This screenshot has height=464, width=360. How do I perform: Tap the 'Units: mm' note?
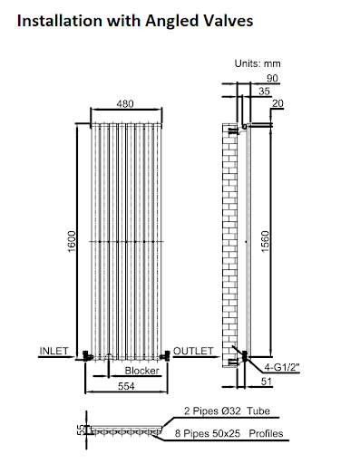point(258,64)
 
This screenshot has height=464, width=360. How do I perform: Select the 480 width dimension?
point(126,104)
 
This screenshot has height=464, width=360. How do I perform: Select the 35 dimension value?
point(264,92)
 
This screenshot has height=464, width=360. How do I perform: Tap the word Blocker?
point(142,371)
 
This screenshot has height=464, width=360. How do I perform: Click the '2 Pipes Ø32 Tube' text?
point(225,411)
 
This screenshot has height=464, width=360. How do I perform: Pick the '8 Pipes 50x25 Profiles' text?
point(232,435)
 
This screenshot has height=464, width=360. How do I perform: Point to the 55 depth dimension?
point(80,428)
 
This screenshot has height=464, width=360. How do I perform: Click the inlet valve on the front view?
point(85,354)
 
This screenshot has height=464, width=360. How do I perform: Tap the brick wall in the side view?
point(229,245)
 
